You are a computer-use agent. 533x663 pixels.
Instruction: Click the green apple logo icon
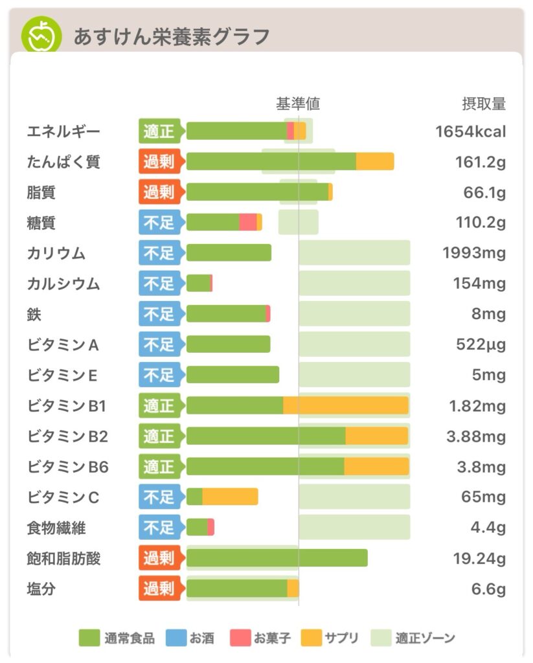[x=41, y=35]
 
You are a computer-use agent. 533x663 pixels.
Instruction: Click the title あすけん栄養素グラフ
[x=171, y=37]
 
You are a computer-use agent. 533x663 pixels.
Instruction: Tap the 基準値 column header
[x=298, y=104]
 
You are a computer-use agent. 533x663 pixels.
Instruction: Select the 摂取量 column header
[x=483, y=104]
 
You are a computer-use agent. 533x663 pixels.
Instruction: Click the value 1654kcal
[x=470, y=132]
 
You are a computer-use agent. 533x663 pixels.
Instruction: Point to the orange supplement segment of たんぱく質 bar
[x=375, y=161]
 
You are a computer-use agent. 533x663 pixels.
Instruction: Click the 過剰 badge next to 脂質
[x=159, y=192]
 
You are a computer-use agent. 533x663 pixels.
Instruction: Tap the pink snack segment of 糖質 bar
[x=247, y=222]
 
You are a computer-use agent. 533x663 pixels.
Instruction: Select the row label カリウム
[x=56, y=253]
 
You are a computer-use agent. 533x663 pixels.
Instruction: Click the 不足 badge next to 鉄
[x=159, y=314]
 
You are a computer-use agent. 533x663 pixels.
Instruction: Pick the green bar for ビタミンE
[x=232, y=375]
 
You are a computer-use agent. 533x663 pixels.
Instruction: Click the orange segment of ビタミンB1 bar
[x=345, y=405]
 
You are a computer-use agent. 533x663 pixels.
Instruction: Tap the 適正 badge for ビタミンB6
[x=159, y=466]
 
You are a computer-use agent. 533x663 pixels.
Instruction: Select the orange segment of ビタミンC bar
[x=230, y=497]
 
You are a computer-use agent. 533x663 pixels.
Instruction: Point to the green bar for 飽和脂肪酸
[x=277, y=558]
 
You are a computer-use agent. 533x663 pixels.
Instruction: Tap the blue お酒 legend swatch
[x=176, y=638]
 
